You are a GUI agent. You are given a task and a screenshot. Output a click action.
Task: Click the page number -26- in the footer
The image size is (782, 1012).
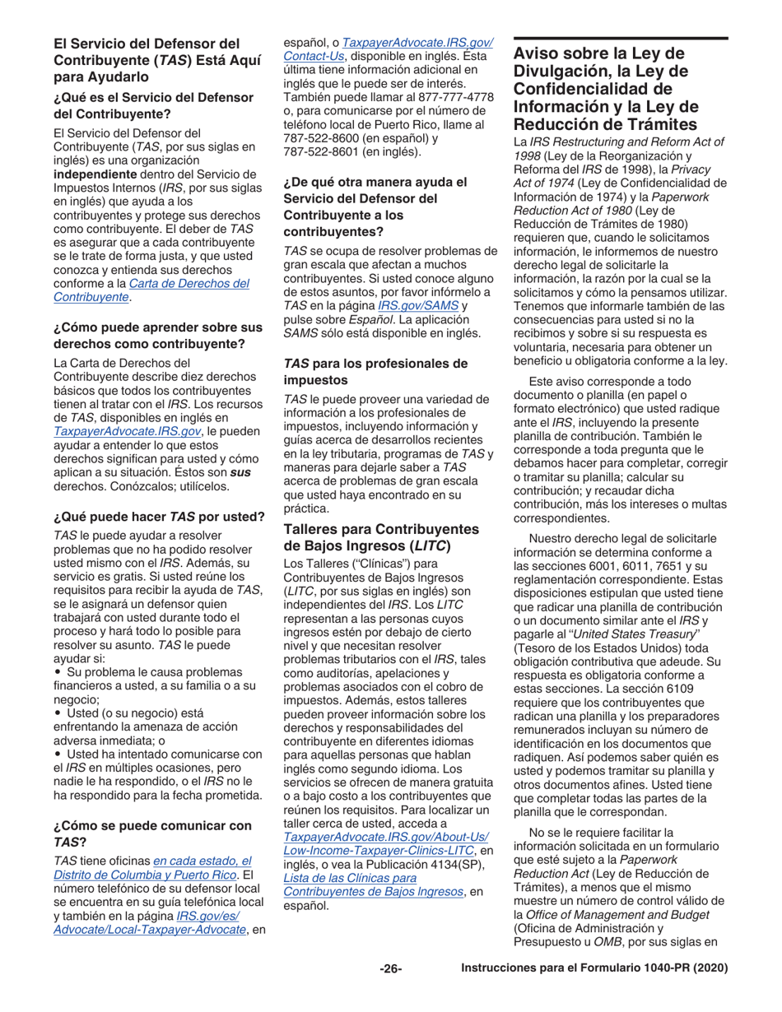390,969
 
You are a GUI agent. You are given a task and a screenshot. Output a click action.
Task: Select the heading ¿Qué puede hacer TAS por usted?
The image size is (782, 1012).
159,517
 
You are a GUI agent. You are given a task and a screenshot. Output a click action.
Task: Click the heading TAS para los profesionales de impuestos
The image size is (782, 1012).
375,370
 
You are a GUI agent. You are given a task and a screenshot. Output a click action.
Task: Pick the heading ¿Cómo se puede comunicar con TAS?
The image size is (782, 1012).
152,833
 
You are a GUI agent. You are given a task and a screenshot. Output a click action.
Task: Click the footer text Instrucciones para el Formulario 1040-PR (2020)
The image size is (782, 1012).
595,969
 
